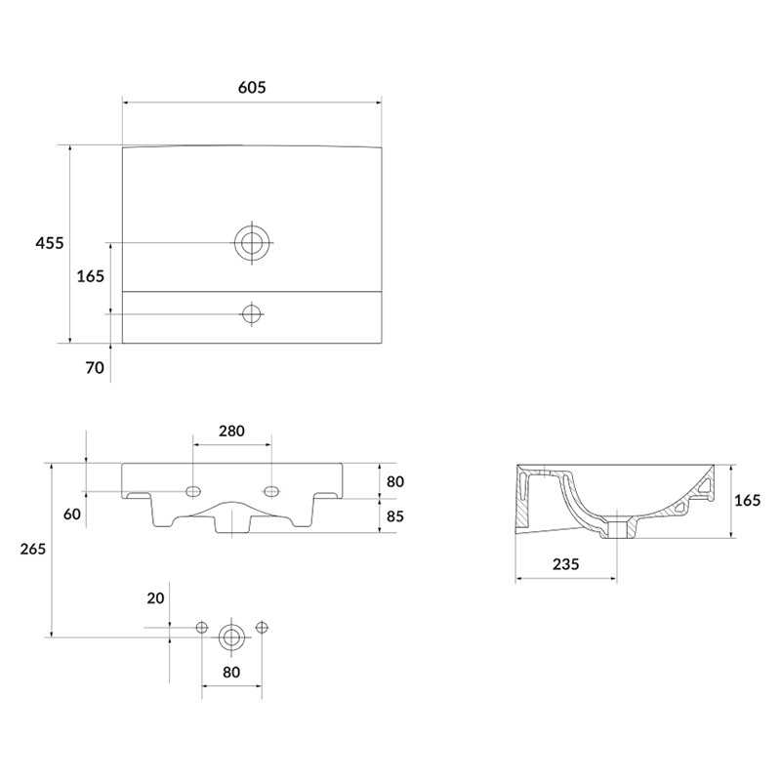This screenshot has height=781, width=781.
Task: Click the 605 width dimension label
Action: click(x=252, y=87)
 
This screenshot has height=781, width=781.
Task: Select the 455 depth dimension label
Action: click(x=50, y=243)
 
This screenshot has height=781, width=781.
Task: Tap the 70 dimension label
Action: click(x=95, y=368)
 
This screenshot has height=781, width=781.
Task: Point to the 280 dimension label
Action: click(x=231, y=431)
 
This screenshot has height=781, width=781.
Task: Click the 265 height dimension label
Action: click(x=33, y=549)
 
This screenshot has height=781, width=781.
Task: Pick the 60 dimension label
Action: click(x=72, y=514)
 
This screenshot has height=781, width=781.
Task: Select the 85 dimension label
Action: click(x=395, y=516)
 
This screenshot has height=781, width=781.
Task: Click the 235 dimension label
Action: click(x=566, y=564)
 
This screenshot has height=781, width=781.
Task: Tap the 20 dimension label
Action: click(x=155, y=597)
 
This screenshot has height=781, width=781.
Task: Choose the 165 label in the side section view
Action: click(x=748, y=500)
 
